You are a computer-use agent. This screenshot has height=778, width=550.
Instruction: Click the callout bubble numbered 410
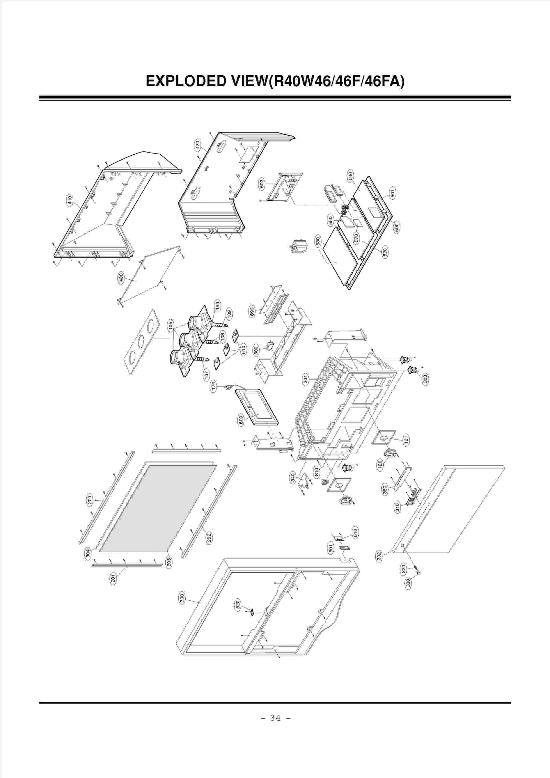click(x=69, y=200)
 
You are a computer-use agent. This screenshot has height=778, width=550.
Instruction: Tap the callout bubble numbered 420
click(x=198, y=145)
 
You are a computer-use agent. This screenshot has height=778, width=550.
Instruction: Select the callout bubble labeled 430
click(x=121, y=277)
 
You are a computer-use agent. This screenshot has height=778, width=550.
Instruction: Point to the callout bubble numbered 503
click(x=262, y=184)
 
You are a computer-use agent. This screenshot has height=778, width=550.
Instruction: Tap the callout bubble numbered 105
click(x=171, y=325)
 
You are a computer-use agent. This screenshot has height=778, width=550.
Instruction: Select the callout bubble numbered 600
click(x=241, y=420)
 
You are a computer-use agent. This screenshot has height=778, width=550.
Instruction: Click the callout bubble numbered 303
click(x=425, y=379)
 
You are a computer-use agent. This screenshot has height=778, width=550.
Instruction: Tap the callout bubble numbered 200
click(x=89, y=499)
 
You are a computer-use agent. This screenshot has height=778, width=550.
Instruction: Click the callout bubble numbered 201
click(x=113, y=579)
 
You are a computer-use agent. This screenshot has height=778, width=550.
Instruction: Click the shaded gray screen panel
click(x=158, y=509)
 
